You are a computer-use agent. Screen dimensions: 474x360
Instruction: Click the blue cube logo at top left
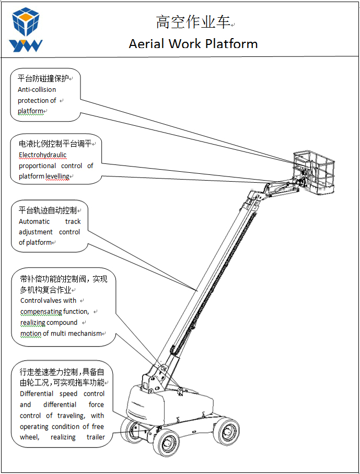click(x=27, y=21)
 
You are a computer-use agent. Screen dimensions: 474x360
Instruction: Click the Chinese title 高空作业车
click(x=193, y=22)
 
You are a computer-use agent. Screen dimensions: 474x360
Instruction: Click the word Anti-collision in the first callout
click(x=37, y=89)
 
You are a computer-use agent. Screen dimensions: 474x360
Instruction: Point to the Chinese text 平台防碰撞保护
click(x=43, y=78)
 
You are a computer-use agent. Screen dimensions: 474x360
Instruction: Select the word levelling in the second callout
click(x=57, y=176)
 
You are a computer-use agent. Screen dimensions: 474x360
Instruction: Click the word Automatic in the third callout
click(x=35, y=221)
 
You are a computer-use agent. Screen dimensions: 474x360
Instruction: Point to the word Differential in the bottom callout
click(x=37, y=394)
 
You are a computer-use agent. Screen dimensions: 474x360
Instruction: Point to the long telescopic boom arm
click(x=209, y=282)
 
